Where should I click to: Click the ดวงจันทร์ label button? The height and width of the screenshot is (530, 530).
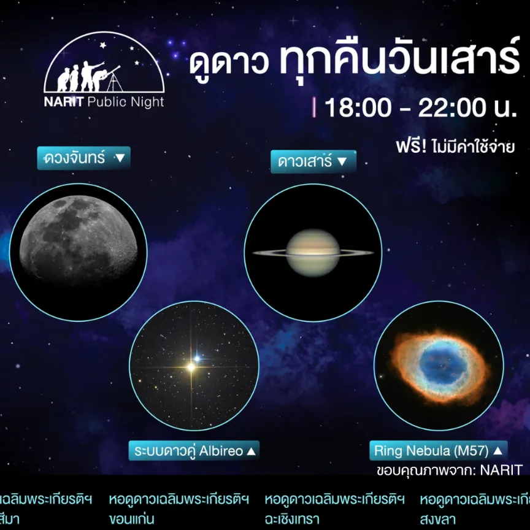pyautogui.click(x=84, y=158)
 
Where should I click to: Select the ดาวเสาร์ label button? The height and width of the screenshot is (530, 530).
pyautogui.click(x=313, y=162)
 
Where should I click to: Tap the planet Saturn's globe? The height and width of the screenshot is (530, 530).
pyautogui.click(x=313, y=253)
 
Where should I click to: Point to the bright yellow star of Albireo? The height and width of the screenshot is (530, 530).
pyautogui.click(x=191, y=367)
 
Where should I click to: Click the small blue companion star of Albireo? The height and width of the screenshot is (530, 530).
pyautogui.click(x=198, y=357)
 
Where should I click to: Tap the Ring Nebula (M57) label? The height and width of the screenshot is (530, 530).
pyautogui.click(x=439, y=451)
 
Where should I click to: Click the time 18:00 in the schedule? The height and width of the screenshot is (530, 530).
pyautogui.click(x=358, y=108)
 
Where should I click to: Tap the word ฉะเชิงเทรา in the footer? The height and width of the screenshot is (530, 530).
pyautogui.click(x=292, y=519)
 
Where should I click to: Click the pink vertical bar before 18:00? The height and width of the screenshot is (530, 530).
pyautogui.click(x=314, y=108)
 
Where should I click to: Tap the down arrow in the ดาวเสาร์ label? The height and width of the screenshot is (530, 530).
pyautogui.click(x=342, y=162)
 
